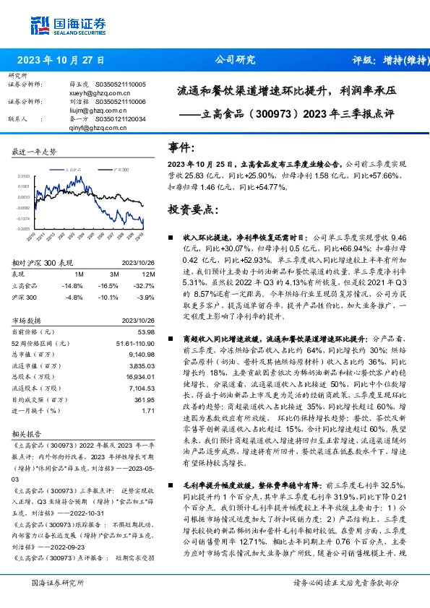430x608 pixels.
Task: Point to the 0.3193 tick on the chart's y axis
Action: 23,175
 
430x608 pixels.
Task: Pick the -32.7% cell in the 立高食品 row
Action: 145,285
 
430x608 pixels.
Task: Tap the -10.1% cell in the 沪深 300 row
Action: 108,296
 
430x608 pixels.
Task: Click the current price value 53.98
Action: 146,331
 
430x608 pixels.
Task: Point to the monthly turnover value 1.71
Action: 149,411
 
